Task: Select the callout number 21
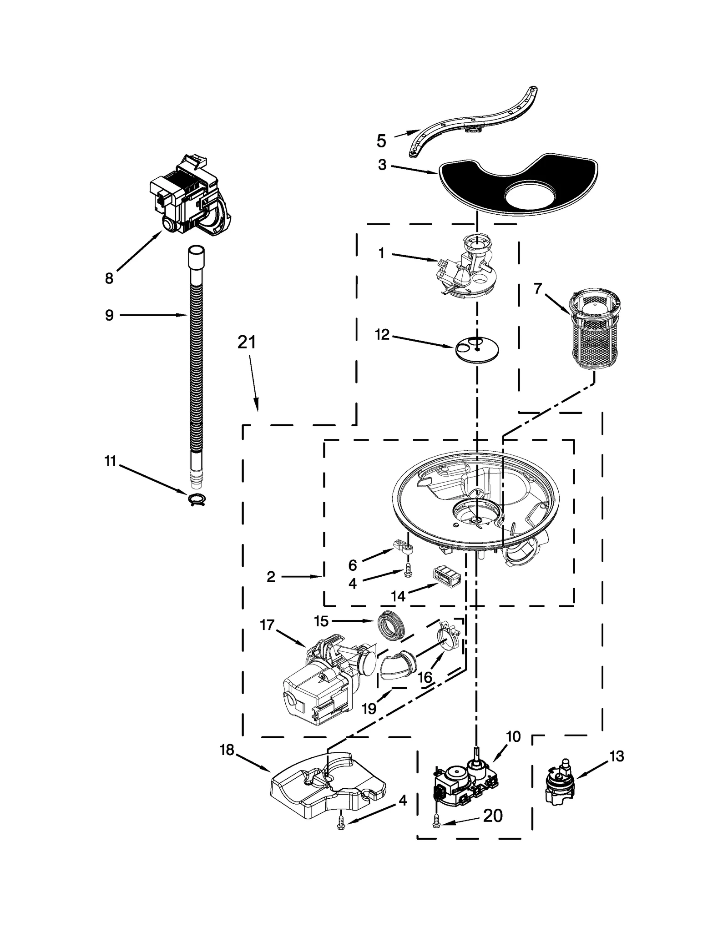(247, 342)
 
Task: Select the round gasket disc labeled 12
(477, 349)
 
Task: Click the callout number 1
(381, 253)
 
